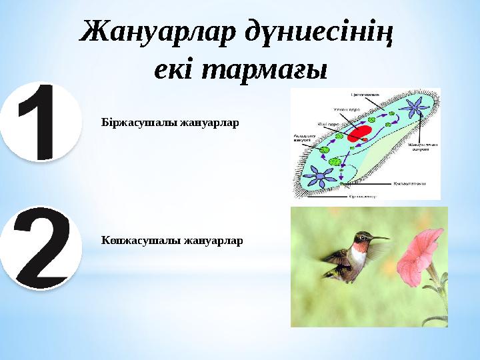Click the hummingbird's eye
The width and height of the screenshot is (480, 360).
tap(364, 236)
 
